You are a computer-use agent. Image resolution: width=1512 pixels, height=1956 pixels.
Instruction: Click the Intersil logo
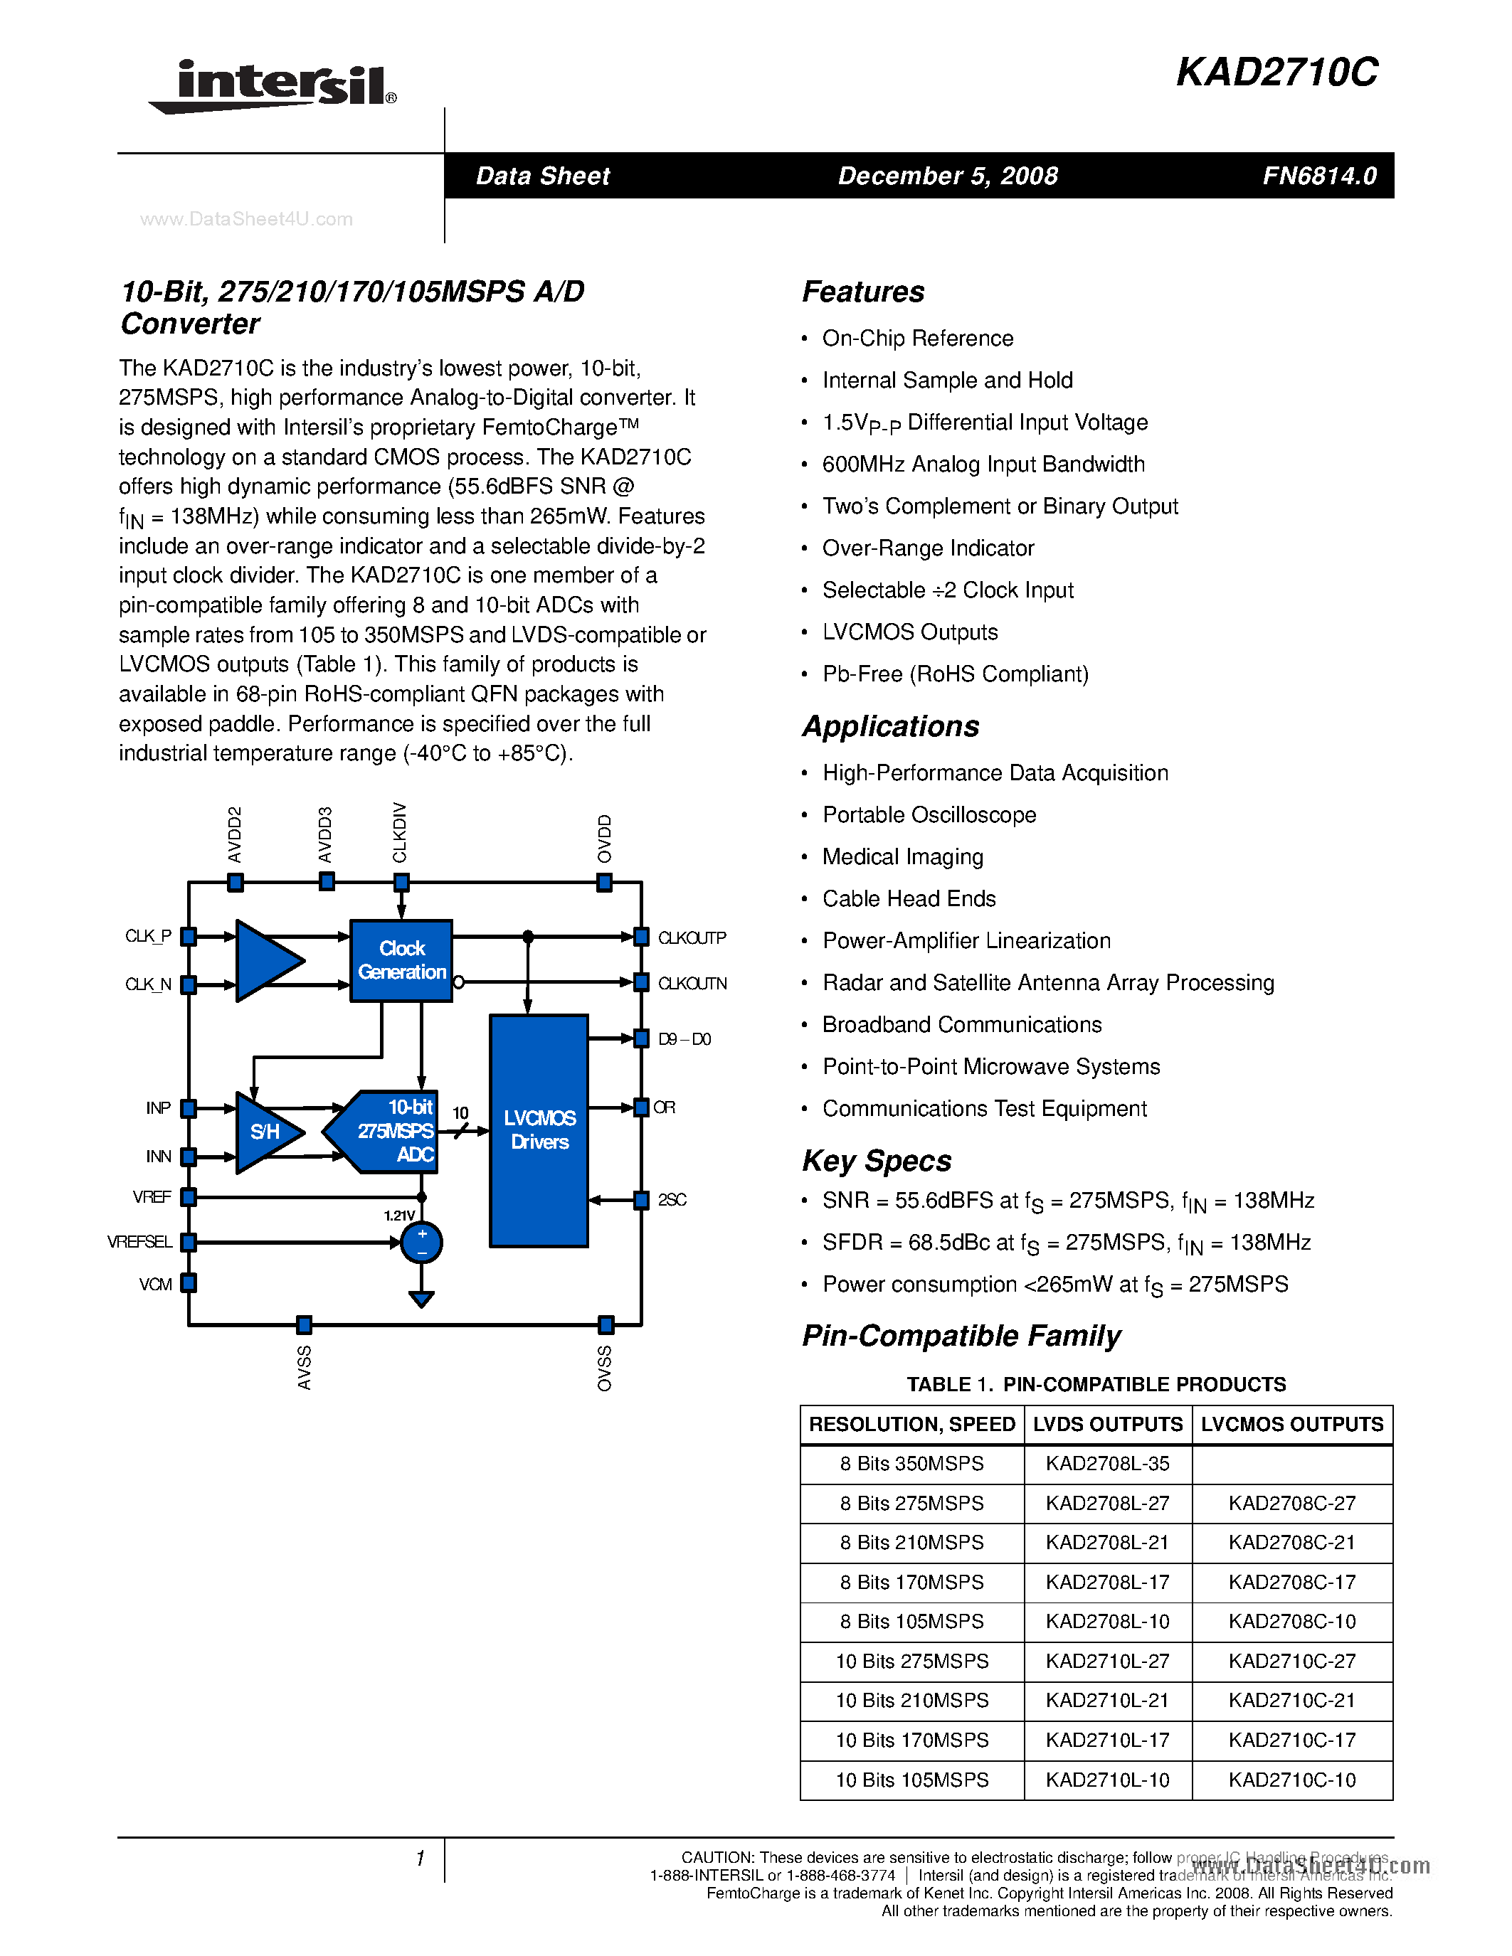273,86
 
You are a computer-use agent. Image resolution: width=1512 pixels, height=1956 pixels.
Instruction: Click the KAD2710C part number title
1276,73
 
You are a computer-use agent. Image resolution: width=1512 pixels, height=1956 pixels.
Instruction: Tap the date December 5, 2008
948,176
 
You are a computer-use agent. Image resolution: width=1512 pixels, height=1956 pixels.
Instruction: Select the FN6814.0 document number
1318,176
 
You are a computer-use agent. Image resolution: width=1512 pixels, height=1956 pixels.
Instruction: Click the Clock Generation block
401,960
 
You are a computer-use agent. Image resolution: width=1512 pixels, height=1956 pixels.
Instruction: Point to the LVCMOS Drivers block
539,1130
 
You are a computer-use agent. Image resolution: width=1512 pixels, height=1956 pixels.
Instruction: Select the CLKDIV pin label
399,832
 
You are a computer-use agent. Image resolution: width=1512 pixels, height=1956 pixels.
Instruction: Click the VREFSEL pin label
139,1242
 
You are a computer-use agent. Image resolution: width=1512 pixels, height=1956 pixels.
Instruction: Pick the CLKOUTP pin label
692,937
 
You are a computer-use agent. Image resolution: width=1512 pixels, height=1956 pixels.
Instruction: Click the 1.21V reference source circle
421,1242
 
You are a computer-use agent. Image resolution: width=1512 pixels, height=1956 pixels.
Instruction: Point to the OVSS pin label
605,1368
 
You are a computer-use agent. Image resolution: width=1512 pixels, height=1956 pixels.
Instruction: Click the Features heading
862,292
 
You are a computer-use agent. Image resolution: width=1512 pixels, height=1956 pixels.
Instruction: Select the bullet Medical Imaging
902,857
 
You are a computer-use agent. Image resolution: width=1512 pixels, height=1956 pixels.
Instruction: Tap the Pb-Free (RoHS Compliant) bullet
955,674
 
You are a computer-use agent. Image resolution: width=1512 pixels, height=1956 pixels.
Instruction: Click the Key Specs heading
876,1161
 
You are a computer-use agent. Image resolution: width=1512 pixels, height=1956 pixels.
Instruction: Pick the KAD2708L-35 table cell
1107,1463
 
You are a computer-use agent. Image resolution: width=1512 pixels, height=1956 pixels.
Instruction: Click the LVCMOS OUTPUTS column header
1291,1424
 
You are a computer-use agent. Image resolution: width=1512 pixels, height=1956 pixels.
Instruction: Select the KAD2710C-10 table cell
1291,1780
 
